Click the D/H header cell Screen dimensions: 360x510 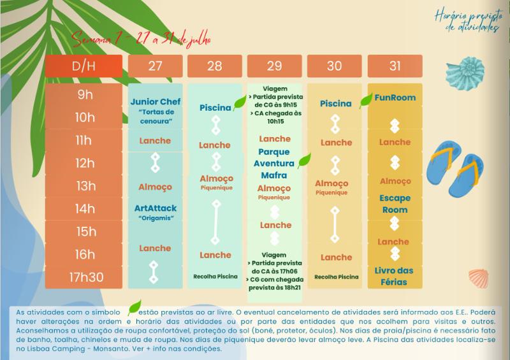[83, 66]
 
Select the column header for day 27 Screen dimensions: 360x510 [155, 66]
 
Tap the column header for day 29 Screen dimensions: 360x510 [275, 66]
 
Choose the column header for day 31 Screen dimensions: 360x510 [395, 66]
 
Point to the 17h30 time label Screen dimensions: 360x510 [83, 277]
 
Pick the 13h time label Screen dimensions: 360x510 [83, 186]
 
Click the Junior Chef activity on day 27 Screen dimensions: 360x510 [156, 102]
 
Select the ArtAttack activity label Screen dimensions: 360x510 [156, 208]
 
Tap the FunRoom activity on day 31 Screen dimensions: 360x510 [395, 97]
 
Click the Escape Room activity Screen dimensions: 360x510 [395, 203]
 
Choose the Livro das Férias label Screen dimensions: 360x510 [395, 275]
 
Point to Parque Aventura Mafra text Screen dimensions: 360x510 [274, 163]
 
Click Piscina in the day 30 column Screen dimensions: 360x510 [336, 103]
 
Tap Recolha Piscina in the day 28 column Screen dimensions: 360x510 [215, 277]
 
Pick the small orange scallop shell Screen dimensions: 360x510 [479, 277]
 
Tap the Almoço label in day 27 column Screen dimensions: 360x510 [156, 187]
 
